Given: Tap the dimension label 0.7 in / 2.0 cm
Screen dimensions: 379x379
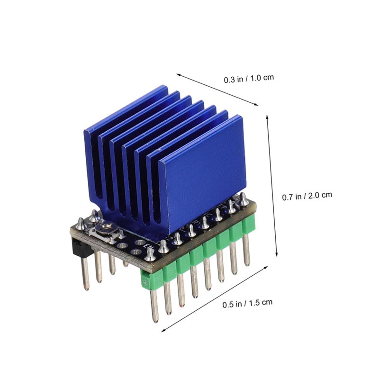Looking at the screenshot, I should coord(307,195).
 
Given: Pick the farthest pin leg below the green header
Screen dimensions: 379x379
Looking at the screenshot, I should coord(246,249).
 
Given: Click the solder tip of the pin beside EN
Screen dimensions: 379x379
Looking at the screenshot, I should coord(150,250).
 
